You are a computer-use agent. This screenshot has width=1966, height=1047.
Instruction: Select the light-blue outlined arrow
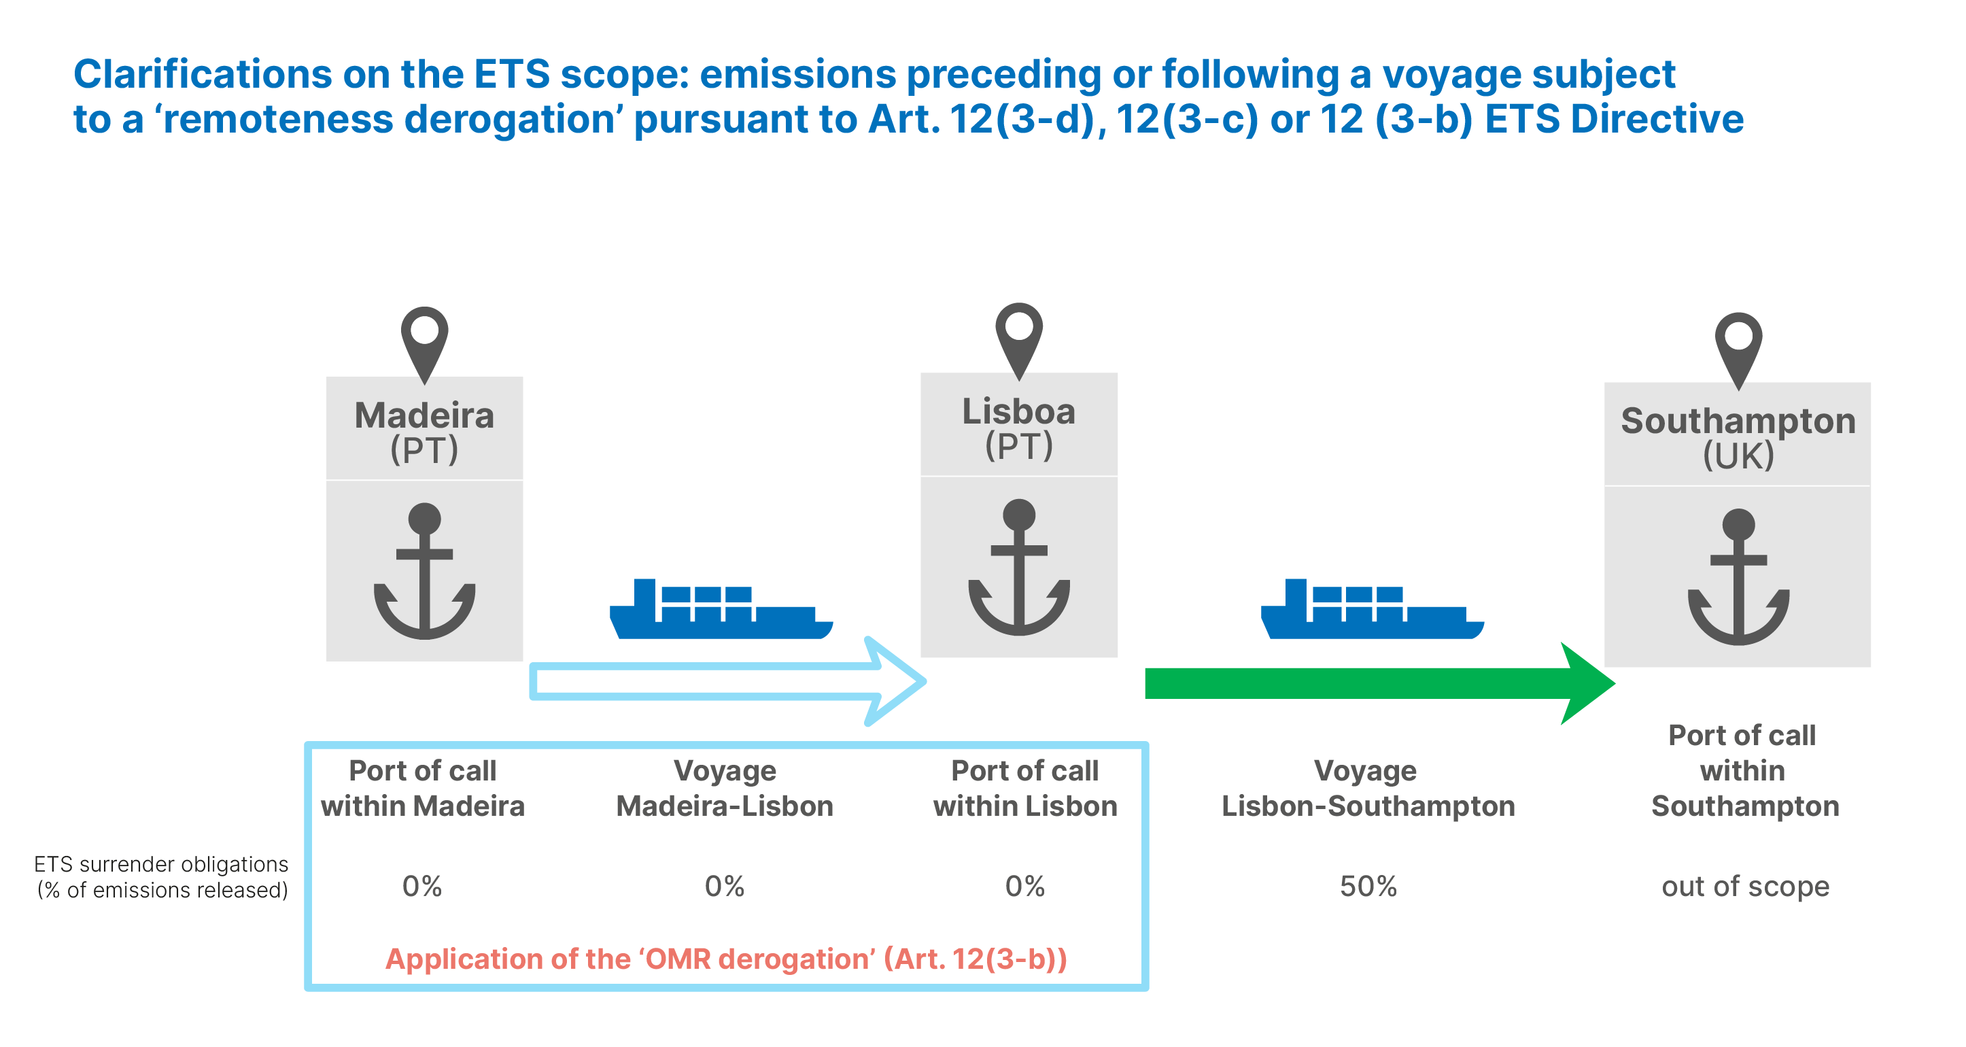728,681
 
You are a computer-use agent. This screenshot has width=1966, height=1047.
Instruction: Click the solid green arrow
1380,684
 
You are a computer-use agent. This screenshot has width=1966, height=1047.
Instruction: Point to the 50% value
1368,886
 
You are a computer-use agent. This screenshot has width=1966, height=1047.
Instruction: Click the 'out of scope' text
1746,887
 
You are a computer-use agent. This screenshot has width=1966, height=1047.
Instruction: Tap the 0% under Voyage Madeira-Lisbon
724,886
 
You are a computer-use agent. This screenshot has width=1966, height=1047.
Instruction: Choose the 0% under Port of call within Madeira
422,886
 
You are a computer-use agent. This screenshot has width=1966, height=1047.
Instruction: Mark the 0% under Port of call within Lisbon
1025,886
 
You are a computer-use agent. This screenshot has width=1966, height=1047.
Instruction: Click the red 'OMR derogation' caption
726,959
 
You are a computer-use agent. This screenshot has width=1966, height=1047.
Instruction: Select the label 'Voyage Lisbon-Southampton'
1368,788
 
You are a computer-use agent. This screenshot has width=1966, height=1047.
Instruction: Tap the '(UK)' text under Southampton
1738,456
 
